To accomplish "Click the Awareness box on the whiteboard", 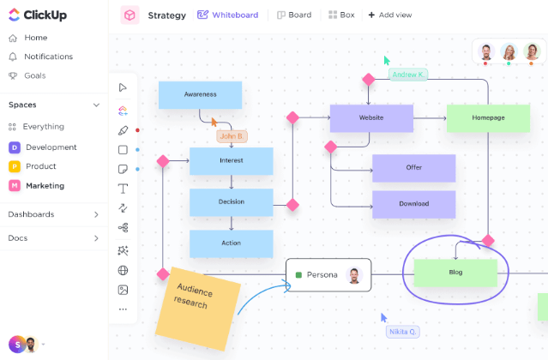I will (200, 94).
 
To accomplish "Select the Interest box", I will (231, 160).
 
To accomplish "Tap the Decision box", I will (231, 201).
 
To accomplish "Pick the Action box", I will (231, 243).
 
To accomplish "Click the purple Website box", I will (371, 117).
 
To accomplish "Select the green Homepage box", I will (488, 117).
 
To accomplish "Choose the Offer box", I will (413, 168).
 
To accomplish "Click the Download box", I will (413, 204).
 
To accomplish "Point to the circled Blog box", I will (455, 273).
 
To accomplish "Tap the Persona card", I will (328, 275).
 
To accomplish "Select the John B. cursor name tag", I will (232, 136).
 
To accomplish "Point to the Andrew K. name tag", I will (408, 75).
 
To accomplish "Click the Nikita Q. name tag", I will (402, 332).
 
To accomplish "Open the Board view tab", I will (294, 15).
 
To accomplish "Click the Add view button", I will (389, 15).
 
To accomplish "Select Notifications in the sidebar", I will (48, 57).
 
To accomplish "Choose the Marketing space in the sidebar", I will (45, 185).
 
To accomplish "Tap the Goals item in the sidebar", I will (35, 75).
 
